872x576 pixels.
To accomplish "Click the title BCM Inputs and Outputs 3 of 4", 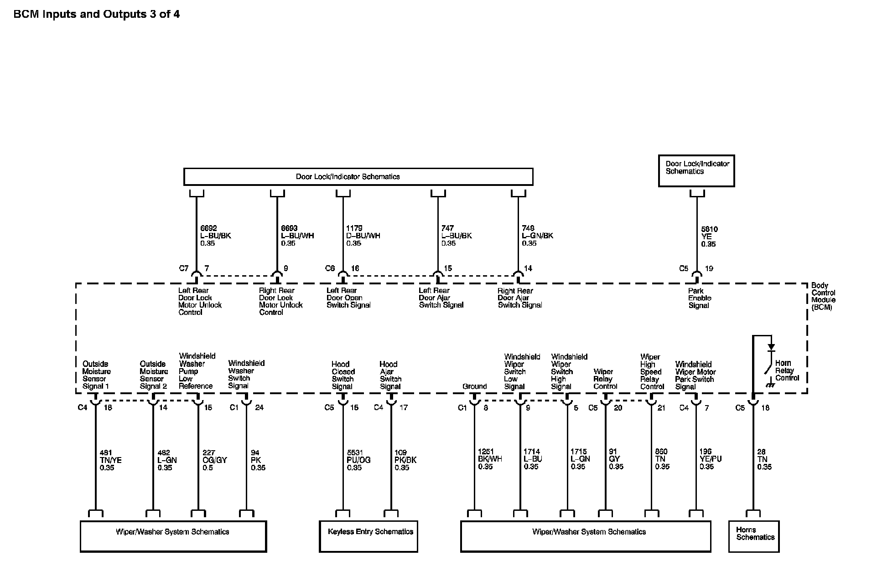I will (96, 14).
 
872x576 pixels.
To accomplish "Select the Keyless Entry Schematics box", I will (369, 536).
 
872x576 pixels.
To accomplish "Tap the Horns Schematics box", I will (754, 536).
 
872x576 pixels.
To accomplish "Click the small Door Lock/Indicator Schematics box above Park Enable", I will (696, 170).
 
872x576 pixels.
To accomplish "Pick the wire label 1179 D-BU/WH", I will (363, 236).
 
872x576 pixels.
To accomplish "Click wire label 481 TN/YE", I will (110, 460).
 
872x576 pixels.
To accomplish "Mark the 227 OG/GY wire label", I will (214, 460).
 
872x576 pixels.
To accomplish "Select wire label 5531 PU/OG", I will (358, 460).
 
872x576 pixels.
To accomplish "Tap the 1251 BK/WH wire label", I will (490, 459).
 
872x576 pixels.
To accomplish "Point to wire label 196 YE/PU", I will (711, 459).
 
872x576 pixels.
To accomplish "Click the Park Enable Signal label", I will (699, 298).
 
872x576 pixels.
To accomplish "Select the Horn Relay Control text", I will (787, 370).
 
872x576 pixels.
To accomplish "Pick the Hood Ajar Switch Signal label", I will (390, 375).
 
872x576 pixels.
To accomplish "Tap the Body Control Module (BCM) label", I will (823, 296).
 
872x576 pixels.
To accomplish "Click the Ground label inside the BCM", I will (474, 386).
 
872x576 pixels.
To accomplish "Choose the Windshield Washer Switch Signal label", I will (246, 374).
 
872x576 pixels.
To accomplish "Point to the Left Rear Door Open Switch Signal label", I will (348, 298).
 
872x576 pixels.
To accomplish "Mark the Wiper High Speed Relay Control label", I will (652, 371).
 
